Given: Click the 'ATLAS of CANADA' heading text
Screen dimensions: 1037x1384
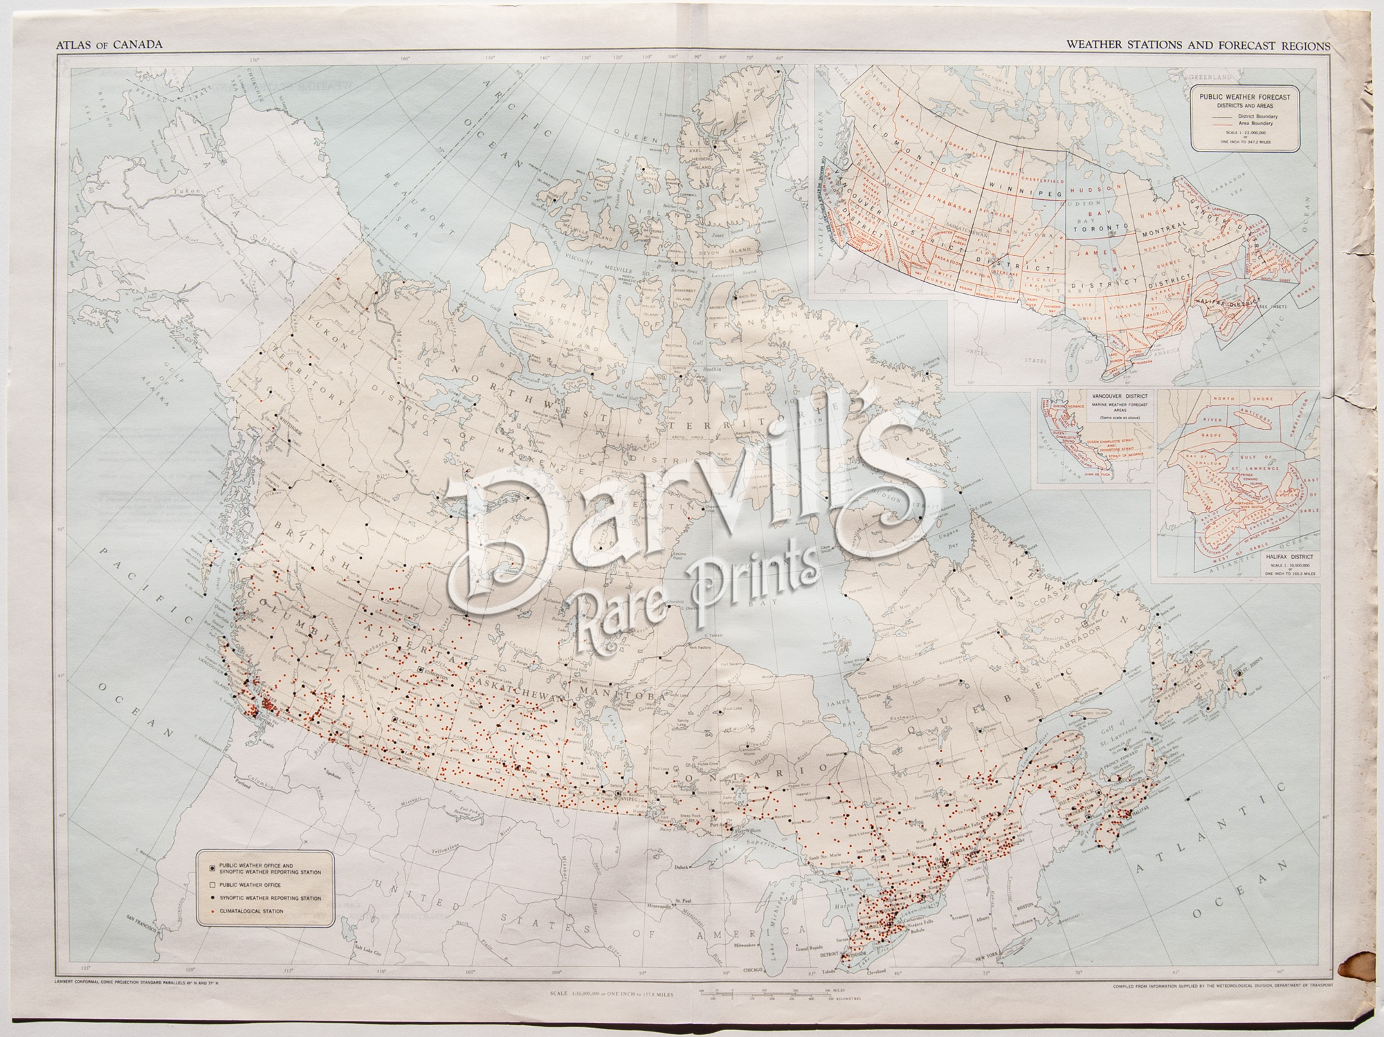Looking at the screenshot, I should pos(109,45).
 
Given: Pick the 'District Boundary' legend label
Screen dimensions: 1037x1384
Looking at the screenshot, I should pos(1264,117).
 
